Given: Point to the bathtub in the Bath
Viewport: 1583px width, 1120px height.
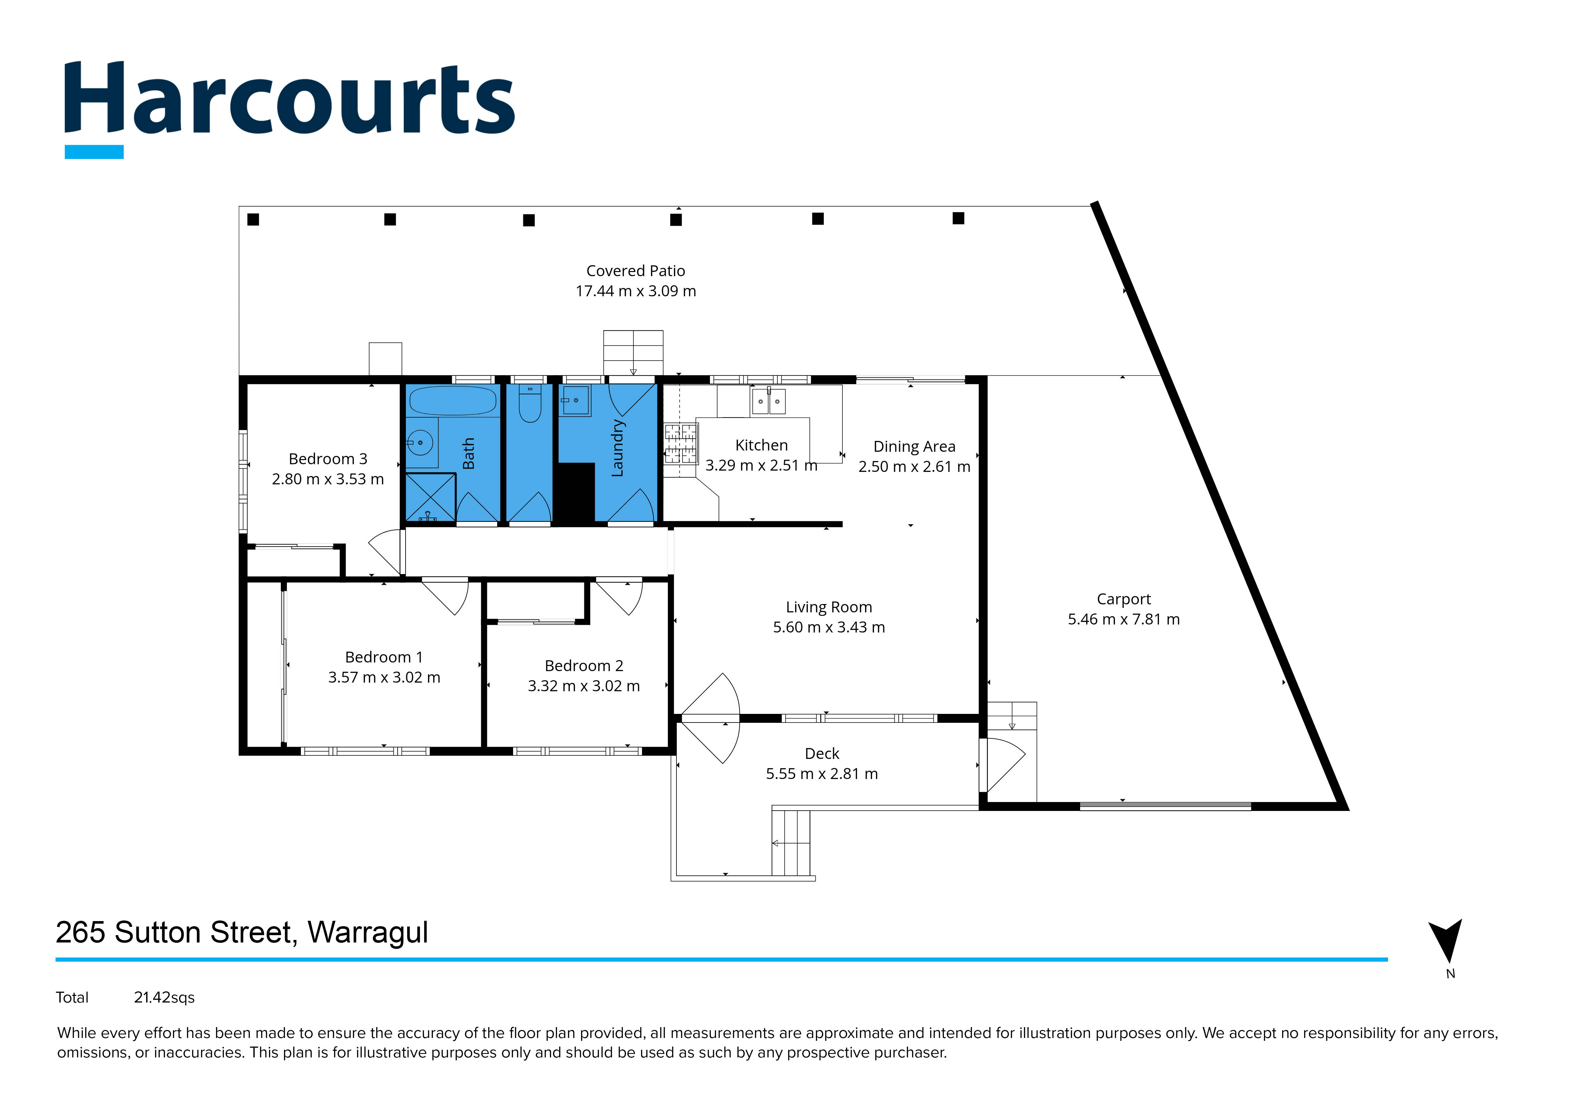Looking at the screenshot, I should click(x=452, y=400).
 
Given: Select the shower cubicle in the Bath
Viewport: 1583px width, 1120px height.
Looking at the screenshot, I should click(x=429, y=496).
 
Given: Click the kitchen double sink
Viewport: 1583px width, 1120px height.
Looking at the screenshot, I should click(x=768, y=401).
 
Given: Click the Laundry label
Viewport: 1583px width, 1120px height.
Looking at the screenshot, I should click(x=618, y=448).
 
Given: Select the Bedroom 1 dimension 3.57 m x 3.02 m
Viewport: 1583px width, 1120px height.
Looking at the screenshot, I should click(x=384, y=677).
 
